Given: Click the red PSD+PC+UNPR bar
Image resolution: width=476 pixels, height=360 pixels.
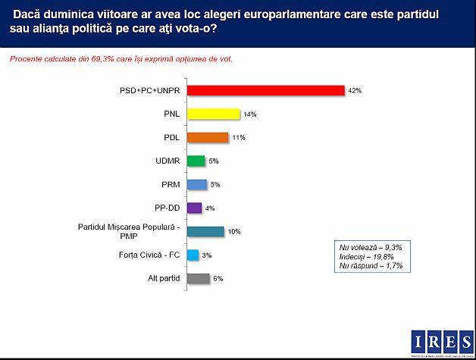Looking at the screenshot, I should point(265,90).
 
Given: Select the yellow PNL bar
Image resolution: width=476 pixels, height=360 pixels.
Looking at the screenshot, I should point(213,114).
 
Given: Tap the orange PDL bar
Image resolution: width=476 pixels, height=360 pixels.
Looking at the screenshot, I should point(207,137).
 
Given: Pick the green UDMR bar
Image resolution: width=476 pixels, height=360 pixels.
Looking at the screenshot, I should point(196,161).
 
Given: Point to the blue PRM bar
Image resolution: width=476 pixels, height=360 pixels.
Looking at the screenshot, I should point(196,184).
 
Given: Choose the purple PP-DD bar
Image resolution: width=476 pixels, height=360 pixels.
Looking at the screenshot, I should point(194,208).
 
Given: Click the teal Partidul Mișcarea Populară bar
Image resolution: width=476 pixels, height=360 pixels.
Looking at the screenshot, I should point(205,231).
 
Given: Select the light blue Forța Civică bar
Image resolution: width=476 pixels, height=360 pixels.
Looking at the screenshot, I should point(193,255).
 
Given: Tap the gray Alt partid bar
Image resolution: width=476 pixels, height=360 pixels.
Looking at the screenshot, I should point(198,278).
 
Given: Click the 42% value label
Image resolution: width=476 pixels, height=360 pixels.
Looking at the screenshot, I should point(355,90).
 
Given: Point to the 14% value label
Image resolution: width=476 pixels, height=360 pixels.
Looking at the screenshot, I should point(250,114).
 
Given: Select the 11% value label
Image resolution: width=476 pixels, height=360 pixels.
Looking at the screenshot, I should point(238,138).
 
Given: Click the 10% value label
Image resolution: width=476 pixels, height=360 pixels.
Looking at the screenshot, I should point(234,232).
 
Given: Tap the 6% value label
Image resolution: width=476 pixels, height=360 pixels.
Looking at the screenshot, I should point(218,279).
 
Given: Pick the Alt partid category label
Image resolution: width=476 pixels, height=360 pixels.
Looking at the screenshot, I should point(163,278).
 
